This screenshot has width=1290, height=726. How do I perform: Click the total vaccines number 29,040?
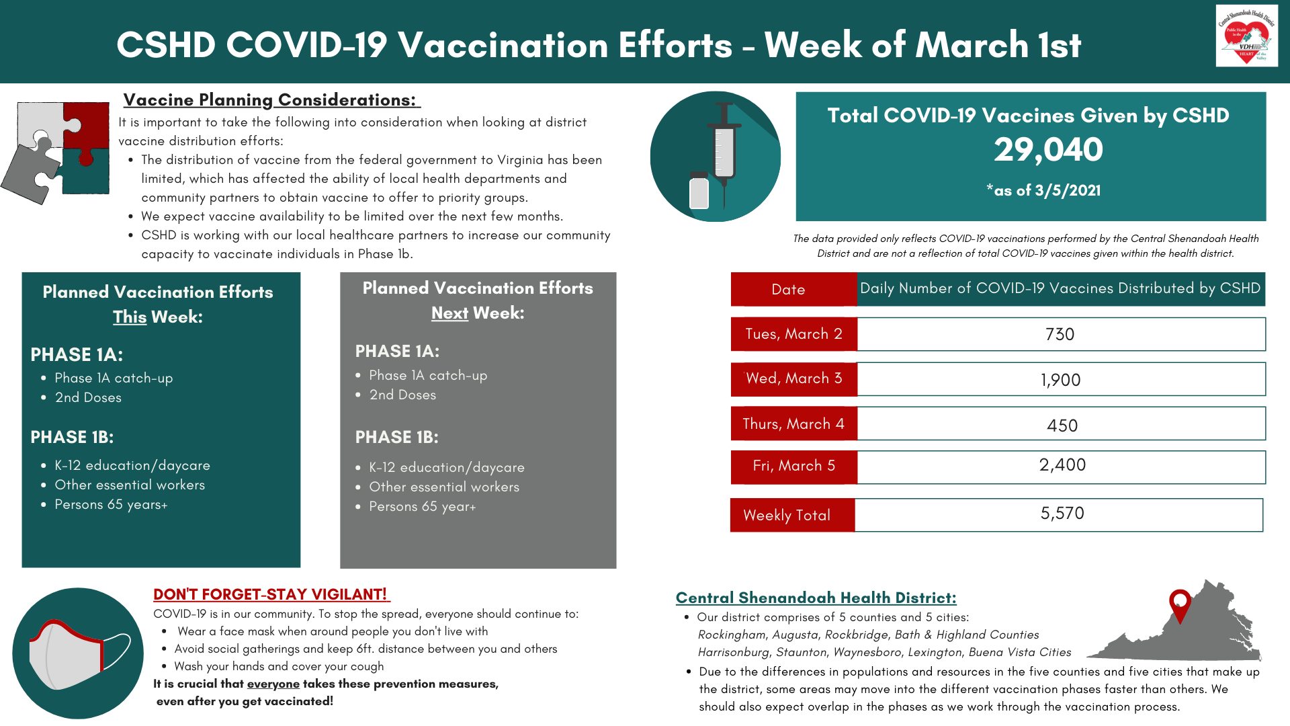1048,149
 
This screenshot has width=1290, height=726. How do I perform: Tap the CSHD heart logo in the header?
1246,36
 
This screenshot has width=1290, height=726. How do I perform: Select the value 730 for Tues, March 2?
1060,334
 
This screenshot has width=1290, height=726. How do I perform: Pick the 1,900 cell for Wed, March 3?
1060,380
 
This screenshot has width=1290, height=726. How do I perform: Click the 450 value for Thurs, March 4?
1062,425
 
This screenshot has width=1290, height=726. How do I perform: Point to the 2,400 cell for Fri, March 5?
1062,465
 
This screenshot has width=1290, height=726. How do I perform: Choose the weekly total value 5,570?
1062,514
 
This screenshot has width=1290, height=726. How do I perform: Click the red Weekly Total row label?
787,516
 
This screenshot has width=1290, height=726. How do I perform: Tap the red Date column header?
788,290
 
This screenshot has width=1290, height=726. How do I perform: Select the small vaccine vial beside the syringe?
699,191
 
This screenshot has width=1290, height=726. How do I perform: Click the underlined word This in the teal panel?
130,317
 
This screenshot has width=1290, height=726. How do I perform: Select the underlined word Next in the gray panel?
449,313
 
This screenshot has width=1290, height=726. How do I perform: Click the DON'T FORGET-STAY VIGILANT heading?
270,594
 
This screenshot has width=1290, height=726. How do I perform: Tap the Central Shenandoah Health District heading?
816,598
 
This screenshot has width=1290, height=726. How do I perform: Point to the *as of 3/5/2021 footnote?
1043,190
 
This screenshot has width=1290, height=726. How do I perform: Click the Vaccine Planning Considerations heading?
270,100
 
